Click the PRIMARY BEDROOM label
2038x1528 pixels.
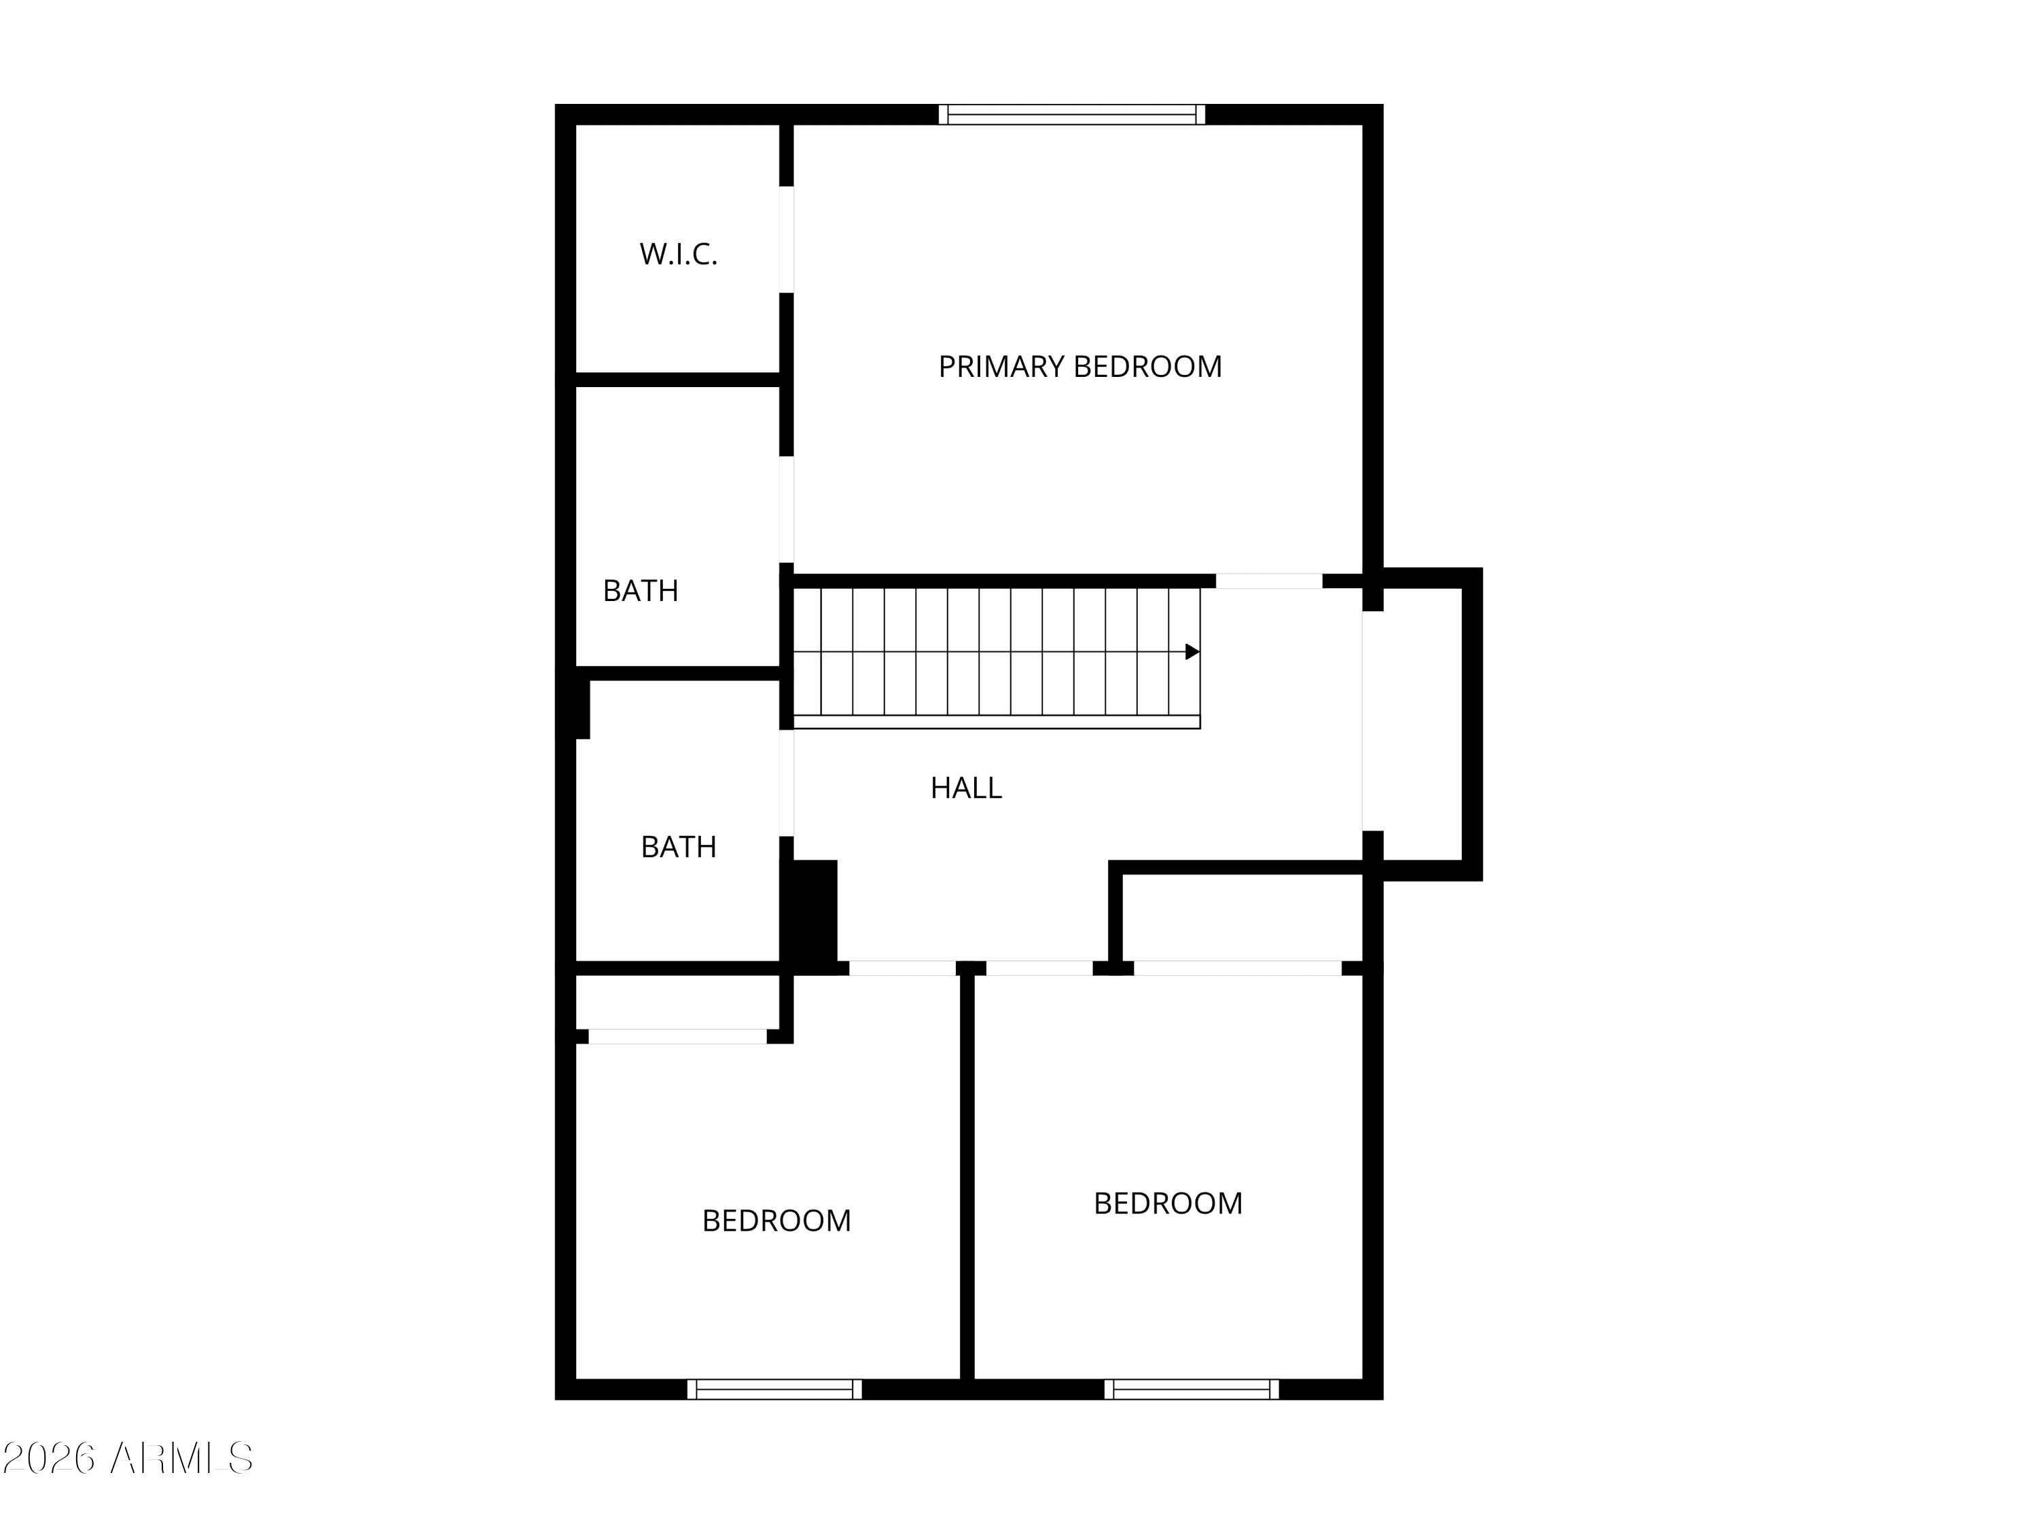(x=1080, y=367)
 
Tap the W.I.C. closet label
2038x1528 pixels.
(x=678, y=254)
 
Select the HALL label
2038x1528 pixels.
(x=965, y=788)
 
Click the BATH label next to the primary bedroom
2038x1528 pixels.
(x=641, y=590)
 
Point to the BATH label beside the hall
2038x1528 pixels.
(x=678, y=846)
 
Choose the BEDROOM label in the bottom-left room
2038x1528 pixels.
(x=776, y=1220)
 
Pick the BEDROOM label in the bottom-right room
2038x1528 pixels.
(x=1167, y=1203)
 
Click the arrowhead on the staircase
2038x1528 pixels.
(x=1192, y=652)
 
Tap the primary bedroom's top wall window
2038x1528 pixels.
(x=1071, y=114)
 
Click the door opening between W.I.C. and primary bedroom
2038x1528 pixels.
(x=787, y=240)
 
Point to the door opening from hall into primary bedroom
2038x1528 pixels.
(x=1269, y=581)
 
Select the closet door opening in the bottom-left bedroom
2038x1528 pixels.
(x=677, y=1036)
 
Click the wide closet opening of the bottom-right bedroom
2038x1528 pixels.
(x=1237, y=968)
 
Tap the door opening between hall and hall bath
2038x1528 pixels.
(x=787, y=783)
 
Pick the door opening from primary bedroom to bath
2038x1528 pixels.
(x=787, y=509)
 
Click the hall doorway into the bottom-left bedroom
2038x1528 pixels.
(x=902, y=968)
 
